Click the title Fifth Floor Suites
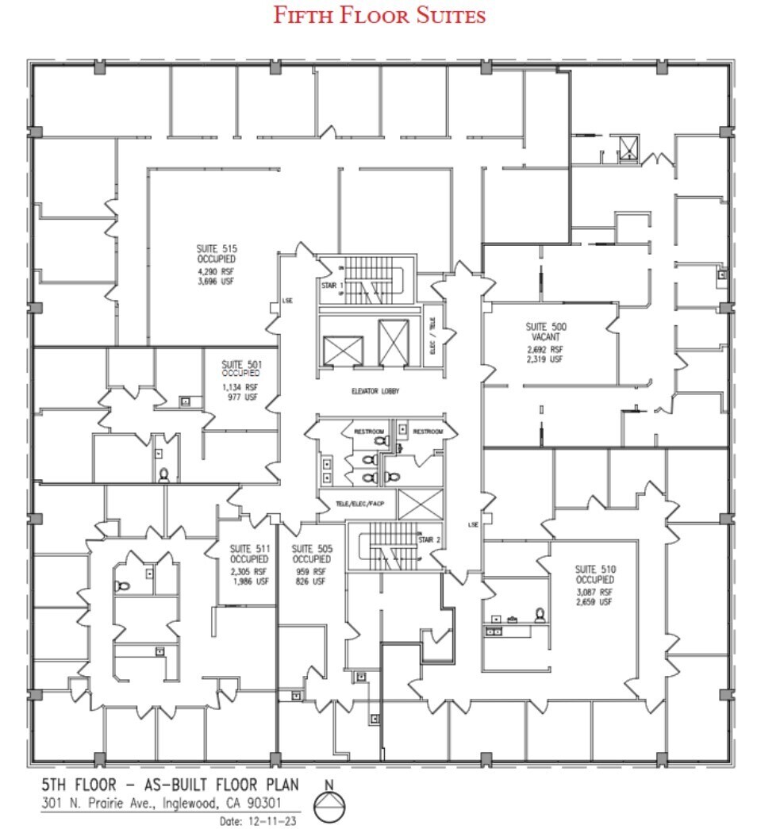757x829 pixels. click(379, 15)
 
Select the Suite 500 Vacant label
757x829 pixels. click(545, 332)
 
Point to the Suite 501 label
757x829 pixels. click(240, 368)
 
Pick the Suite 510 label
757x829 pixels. click(595, 574)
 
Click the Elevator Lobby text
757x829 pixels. click(375, 391)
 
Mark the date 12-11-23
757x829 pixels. click(257, 821)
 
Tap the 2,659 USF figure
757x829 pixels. click(594, 603)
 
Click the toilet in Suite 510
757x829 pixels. click(540, 615)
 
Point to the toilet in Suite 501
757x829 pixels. click(164, 474)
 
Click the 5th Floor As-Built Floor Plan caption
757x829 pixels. click(171, 785)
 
